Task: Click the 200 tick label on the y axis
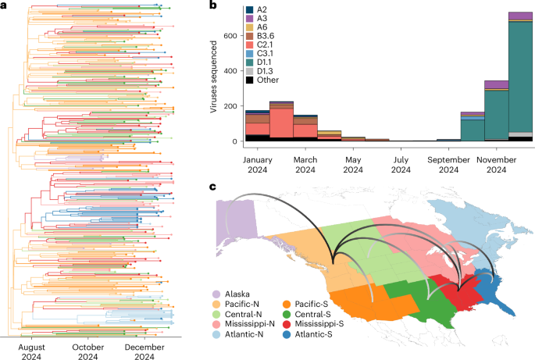pos(229,106)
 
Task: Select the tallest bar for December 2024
pos(520,78)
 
